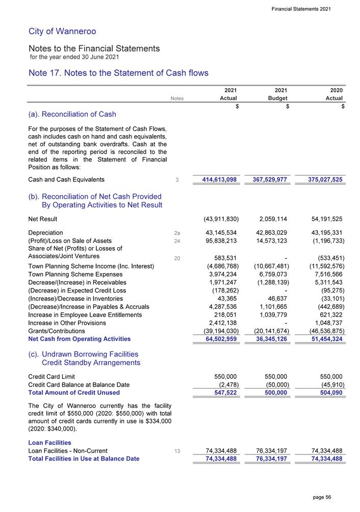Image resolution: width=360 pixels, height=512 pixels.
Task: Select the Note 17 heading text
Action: [x=118, y=73]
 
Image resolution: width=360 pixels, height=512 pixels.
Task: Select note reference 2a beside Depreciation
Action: [x=177, y=233]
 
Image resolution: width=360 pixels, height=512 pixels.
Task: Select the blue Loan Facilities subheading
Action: [x=50, y=442]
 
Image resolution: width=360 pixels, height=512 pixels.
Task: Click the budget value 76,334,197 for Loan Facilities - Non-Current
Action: [x=267, y=451]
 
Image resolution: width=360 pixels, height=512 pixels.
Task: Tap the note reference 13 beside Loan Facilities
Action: [x=177, y=451]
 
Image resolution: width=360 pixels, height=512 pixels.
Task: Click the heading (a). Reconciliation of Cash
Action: [x=72, y=114]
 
